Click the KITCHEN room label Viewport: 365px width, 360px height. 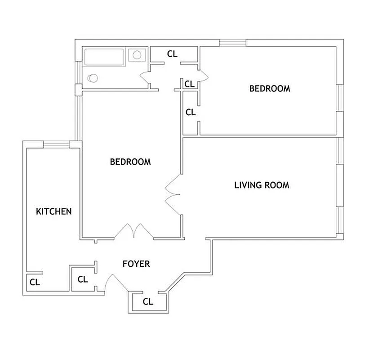(54, 211)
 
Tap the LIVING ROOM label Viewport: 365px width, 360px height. (262, 185)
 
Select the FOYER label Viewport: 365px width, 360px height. (136, 264)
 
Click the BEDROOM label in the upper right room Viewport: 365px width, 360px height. (270, 89)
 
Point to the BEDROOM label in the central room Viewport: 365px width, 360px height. (130, 162)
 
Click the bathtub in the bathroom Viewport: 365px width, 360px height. (105, 58)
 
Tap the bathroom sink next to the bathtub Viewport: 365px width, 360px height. (137, 55)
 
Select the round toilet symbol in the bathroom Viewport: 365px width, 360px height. (93, 78)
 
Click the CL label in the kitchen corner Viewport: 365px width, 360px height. (35, 283)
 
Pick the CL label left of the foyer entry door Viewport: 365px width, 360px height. (83, 279)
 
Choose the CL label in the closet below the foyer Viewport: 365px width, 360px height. (148, 301)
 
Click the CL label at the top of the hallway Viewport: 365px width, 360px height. (172, 54)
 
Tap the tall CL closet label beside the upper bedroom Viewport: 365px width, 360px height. (191, 112)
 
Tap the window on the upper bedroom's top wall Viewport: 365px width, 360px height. (232, 43)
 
